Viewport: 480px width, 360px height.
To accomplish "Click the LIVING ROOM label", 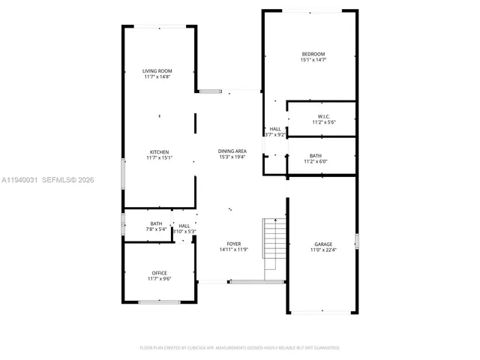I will (x=157, y=71).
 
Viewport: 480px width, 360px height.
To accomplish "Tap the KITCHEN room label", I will (x=158, y=151).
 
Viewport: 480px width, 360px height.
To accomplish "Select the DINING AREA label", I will (x=232, y=151).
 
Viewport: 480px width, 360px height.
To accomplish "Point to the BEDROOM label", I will (x=313, y=53).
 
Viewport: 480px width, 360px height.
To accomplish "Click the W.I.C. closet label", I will (x=324, y=116).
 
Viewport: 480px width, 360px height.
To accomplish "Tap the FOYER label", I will (x=234, y=244).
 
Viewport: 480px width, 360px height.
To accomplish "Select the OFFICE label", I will (x=159, y=273).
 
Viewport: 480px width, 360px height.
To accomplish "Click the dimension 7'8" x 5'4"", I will (x=156, y=229).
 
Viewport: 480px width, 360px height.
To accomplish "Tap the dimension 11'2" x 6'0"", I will (x=315, y=161).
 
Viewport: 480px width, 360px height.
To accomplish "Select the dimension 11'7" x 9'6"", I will (x=159, y=279).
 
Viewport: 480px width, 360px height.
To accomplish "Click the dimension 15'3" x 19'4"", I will (x=232, y=157).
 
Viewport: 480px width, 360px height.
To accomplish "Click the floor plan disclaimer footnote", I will (x=239, y=348).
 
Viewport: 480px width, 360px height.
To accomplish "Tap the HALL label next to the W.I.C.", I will (x=275, y=129).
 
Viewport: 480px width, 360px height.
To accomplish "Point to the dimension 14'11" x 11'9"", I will (x=234, y=250).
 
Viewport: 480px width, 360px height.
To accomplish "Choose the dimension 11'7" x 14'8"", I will (x=157, y=77).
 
